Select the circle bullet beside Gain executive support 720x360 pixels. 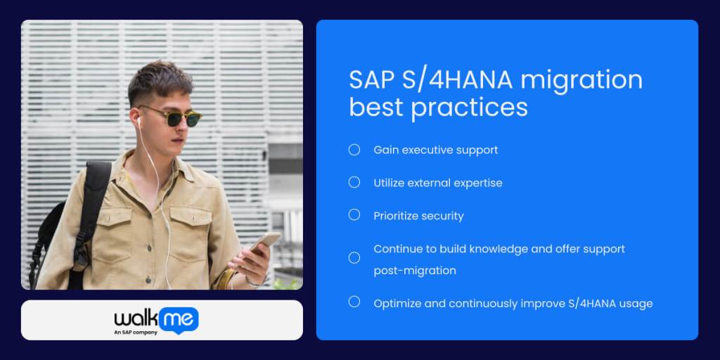tap(354, 150)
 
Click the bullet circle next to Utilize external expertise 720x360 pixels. tap(354, 182)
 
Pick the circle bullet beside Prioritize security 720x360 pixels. tap(354, 215)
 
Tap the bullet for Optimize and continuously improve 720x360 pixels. tap(354, 302)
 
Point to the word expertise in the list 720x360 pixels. tap(477, 183)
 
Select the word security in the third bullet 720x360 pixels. tap(442, 216)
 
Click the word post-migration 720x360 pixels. tap(415, 271)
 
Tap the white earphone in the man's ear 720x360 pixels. tap(139, 122)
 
